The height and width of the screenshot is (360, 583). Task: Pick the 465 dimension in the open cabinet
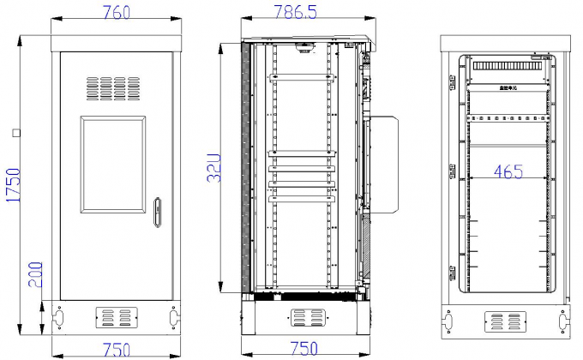(x=508, y=171)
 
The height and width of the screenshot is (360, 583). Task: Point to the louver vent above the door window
(x=117, y=87)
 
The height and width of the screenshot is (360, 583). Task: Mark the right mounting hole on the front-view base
(x=175, y=317)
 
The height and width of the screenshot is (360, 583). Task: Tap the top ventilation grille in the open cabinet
(x=508, y=65)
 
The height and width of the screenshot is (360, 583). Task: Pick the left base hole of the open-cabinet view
(x=447, y=322)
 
